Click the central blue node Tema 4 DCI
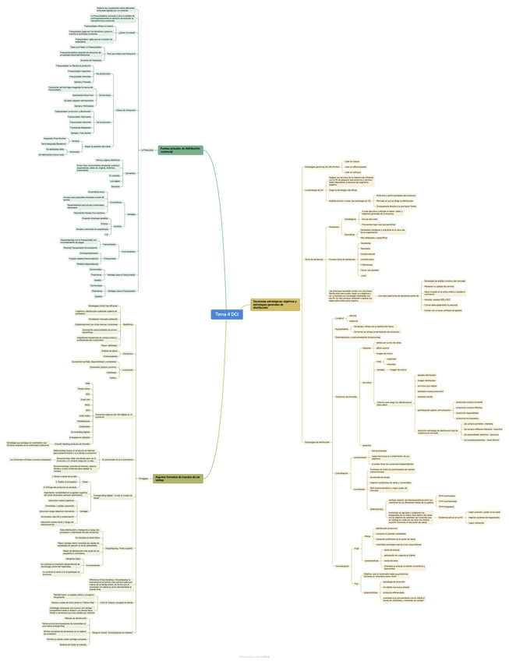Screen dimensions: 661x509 [225, 314]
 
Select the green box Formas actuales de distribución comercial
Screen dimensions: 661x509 [181, 150]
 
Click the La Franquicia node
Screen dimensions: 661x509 [147, 150]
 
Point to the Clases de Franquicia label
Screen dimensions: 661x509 [125, 110]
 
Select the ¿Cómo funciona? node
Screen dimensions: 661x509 [127, 33]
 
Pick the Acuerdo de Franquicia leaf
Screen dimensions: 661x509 [91, 60]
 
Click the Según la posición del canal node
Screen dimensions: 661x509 [97, 146]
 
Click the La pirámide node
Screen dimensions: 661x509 [128, 369]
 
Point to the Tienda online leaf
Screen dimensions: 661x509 [83, 388]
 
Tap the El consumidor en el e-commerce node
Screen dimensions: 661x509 [118, 460]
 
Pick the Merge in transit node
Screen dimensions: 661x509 [117, 632]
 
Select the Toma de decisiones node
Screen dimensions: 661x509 [313, 259]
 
